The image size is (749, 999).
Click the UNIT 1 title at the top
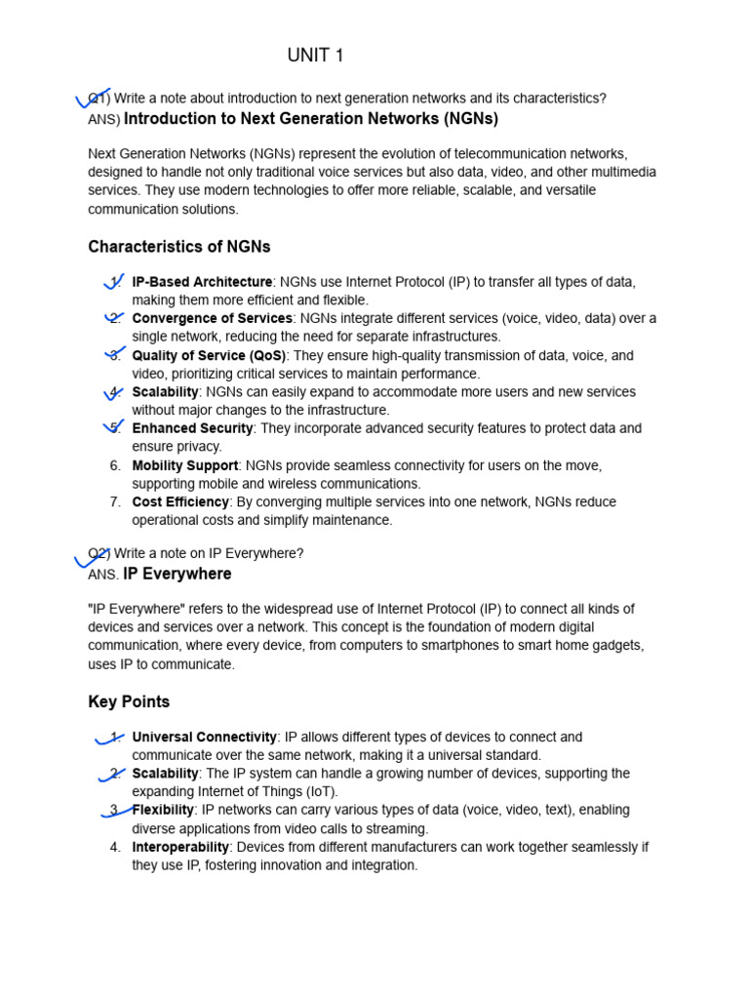point(315,56)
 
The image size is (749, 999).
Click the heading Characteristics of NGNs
point(179,247)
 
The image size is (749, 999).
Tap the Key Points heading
point(129,701)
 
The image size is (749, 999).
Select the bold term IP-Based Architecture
point(202,282)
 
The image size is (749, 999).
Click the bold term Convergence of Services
point(212,318)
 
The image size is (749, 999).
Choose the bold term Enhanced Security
point(192,428)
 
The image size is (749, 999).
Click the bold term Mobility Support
point(185,465)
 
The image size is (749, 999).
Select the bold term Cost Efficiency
point(180,501)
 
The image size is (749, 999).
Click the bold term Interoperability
point(180,847)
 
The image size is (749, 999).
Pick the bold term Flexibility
point(163,810)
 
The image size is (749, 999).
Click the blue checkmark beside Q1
point(94,98)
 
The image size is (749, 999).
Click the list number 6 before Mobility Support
point(115,465)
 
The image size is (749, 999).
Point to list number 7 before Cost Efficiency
point(115,501)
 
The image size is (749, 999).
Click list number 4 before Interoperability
point(115,847)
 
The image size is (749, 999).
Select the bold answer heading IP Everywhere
point(177,574)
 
